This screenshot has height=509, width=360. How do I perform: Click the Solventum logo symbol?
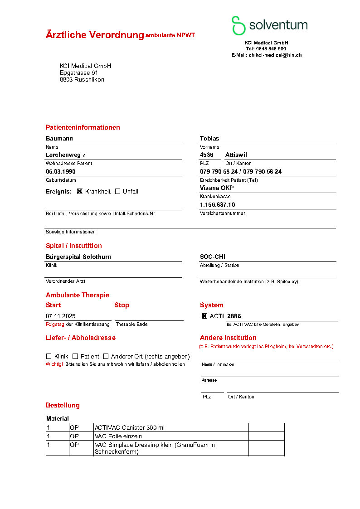tap(238, 25)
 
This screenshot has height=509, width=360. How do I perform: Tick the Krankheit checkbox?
tap(80, 191)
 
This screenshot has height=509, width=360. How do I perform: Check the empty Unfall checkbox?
tap(117, 191)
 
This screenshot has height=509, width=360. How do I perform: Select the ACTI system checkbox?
tap(204, 316)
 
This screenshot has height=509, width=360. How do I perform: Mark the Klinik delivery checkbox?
tap(49, 356)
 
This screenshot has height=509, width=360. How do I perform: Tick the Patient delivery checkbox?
tap(75, 356)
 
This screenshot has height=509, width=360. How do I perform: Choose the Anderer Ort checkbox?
tap(106, 356)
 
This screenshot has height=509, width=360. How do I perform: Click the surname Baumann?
tap(59, 139)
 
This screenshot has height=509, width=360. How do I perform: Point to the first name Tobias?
tap(209, 139)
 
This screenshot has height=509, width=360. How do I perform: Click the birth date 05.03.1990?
tap(61, 172)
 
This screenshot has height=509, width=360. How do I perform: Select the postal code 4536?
tap(207, 155)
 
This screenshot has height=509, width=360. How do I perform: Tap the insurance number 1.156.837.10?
tap(218, 205)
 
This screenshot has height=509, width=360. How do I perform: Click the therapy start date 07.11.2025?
tap(60, 316)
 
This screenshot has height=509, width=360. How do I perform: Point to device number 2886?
tap(234, 316)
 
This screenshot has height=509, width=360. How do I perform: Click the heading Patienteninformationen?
tap(83, 127)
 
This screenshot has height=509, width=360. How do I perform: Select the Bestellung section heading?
tap(63, 405)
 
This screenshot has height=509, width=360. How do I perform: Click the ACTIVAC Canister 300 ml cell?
tap(130, 427)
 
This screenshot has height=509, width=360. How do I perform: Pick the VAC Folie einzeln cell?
tap(118, 436)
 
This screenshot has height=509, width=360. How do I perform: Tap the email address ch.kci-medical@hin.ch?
tap(275, 55)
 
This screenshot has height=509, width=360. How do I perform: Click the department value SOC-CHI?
tap(213, 257)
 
